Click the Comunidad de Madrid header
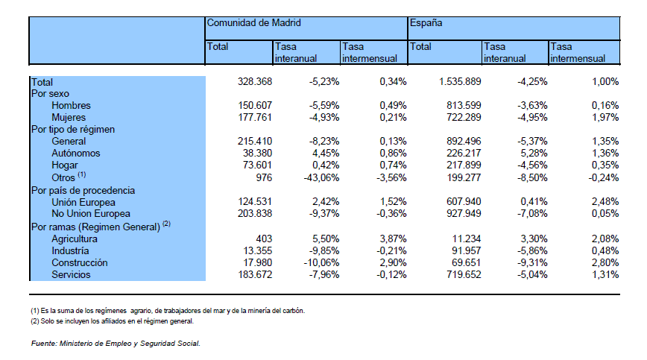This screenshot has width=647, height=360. pyautogui.click(x=253, y=23)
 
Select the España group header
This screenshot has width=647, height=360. pyautogui.click(x=426, y=23)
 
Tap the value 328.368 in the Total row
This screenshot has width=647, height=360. pyautogui.click(x=255, y=82)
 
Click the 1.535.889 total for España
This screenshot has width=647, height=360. pyautogui.click(x=460, y=82)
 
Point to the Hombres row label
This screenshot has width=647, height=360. pyautogui.click(x=71, y=106)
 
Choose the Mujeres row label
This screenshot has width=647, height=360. pyautogui.click(x=69, y=118)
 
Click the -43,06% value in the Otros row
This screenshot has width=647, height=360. pyautogui.click(x=321, y=177)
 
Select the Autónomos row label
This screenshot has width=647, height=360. pyautogui.click(x=76, y=154)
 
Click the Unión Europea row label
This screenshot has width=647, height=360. pyautogui.click(x=83, y=203)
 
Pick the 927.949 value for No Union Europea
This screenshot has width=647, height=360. pyautogui.click(x=464, y=214)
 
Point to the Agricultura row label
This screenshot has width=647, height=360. pyautogui.click(x=75, y=239)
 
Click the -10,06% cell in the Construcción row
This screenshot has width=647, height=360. pyautogui.click(x=321, y=262)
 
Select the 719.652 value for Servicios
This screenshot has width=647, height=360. pyautogui.click(x=464, y=274)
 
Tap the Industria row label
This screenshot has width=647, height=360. pyautogui.click(x=70, y=250)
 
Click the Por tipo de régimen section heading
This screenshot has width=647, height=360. pyautogui.click(x=73, y=130)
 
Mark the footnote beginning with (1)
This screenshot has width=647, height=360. pyautogui.click(x=168, y=311)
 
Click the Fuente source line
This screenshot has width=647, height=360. pyautogui.click(x=116, y=344)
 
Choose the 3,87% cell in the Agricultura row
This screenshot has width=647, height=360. pyautogui.click(x=393, y=239)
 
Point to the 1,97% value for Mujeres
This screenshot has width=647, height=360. pyautogui.click(x=605, y=118)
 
